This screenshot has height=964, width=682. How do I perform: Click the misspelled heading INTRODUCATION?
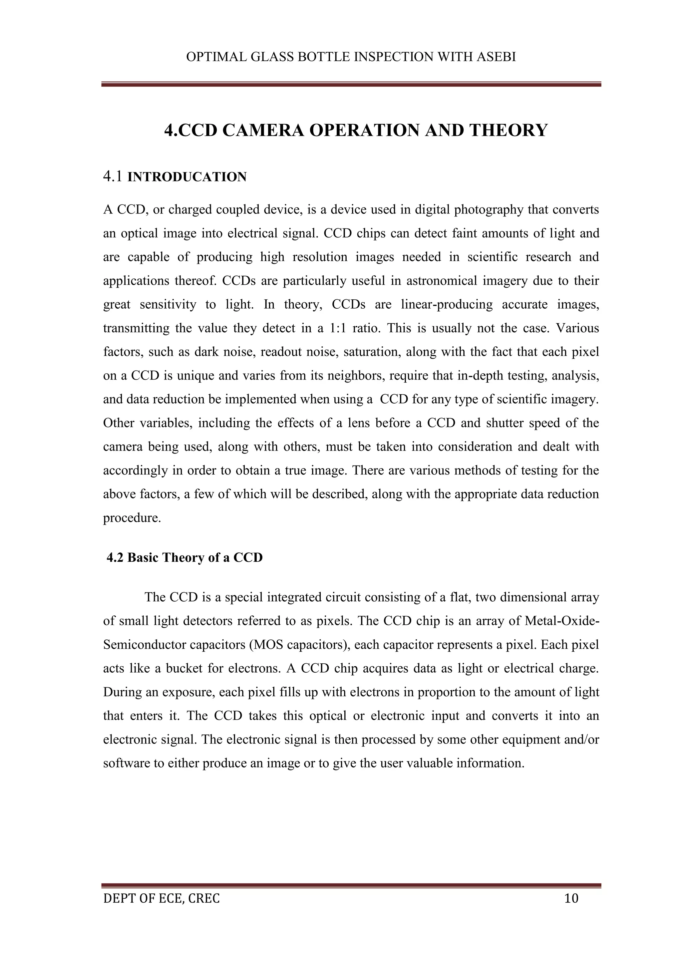[187, 177]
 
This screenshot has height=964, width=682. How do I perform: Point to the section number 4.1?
[113, 177]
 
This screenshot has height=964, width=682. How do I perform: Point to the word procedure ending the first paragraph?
[132, 518]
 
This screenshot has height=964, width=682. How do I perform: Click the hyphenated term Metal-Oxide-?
[562, 621]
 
